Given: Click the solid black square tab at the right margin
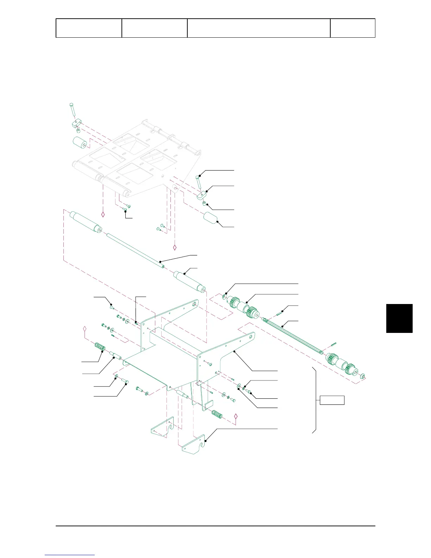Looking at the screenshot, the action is point(399,318).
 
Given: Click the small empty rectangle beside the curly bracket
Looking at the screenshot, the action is point(332,400).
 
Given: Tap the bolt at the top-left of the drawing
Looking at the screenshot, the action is point(72,109).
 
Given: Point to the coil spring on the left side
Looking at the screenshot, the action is point(100,348).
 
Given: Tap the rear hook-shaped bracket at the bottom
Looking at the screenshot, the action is point(162,430).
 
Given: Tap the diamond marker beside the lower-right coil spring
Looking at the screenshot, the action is point(236,417).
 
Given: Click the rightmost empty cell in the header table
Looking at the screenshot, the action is point(352,28).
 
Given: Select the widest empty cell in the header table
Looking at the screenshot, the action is point(258,28).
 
